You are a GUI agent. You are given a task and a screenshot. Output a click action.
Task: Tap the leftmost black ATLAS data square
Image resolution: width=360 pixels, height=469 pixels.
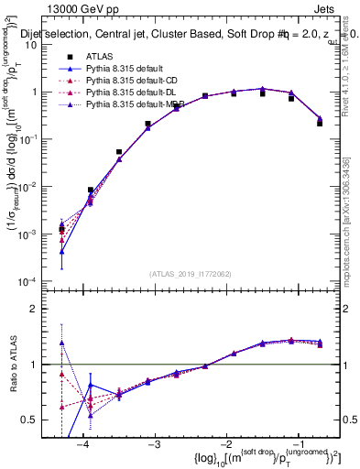point(61,230)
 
